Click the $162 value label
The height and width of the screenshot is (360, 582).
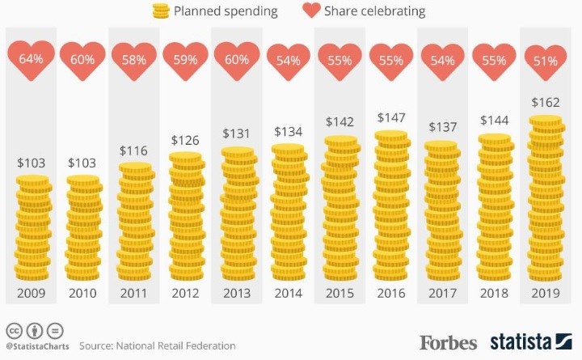[x=546, y=103]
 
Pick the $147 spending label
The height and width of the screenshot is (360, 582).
[x=391, y=117]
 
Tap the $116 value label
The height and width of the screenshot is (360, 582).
[x=134, y=150]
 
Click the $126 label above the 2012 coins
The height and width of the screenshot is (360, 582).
[x=186, y=140]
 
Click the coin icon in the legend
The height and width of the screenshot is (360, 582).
[x=162, y=11]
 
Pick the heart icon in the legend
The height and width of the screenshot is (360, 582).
[x=311, y=11]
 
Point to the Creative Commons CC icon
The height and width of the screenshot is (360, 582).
[x=14, y=331]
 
